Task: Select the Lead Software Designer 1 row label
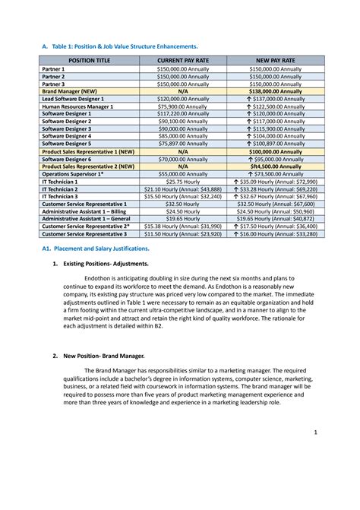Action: coord(77,99)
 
